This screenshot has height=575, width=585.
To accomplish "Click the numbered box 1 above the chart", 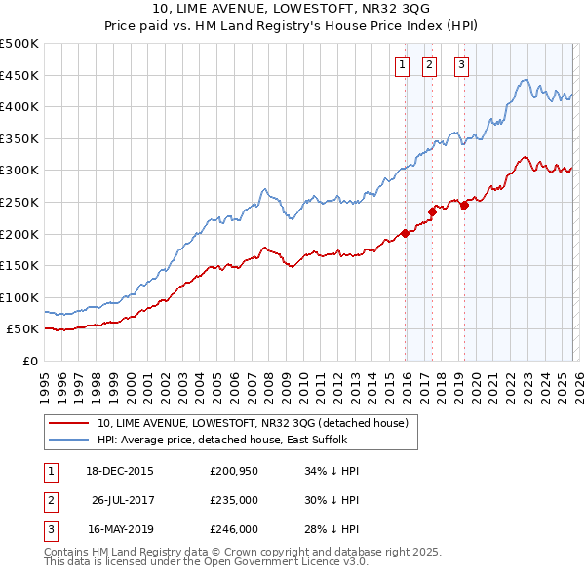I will pyautogui.click(x=402, y=65).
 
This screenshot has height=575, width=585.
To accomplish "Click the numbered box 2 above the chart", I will pyautogui.click(x=429, y=65).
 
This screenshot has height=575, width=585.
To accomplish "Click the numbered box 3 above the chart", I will pyautogui.click(x=460, y=65).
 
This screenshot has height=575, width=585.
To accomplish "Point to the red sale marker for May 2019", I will pyautogui.click(x=464, y=204).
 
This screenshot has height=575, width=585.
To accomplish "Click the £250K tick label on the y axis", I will pyautogui.click(x=19, y=202).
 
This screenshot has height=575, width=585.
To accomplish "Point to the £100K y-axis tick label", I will pyautogui.click(x=19, y=297).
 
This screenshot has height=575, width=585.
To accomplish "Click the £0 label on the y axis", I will pyautogui.click(x=29, y=361).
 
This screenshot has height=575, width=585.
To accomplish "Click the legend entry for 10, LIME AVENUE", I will pyautogui.click(x=257, y=423).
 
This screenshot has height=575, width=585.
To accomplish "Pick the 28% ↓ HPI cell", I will pyautogui.click(x=332, y=529).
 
